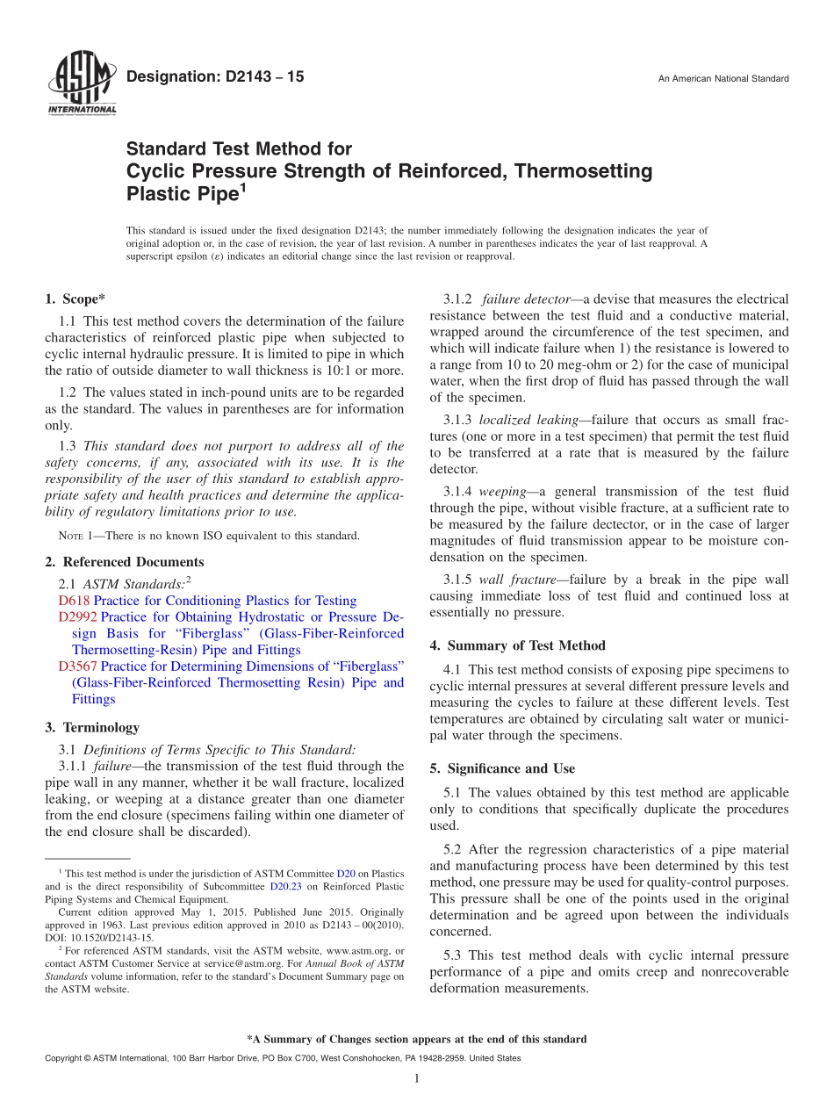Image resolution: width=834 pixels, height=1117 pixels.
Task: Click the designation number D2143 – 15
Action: pos(215,77)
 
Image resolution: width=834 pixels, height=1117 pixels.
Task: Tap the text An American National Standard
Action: pos(723,79)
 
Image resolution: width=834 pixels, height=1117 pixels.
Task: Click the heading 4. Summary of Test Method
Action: pos(517,645)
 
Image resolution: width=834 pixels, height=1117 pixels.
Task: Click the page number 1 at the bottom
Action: pos(417,1078)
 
